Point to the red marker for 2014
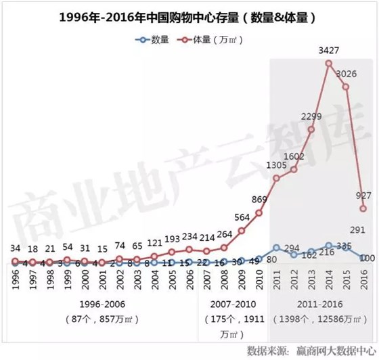[x=328, y=64]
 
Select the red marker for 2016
[x=363, y=209]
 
